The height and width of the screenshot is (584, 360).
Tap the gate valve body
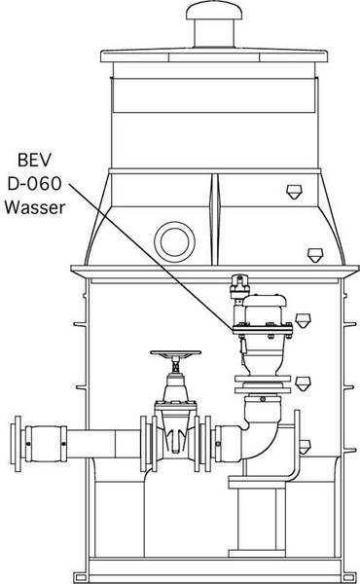(173, 425)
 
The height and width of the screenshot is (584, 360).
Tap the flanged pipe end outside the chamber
(15, 442)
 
